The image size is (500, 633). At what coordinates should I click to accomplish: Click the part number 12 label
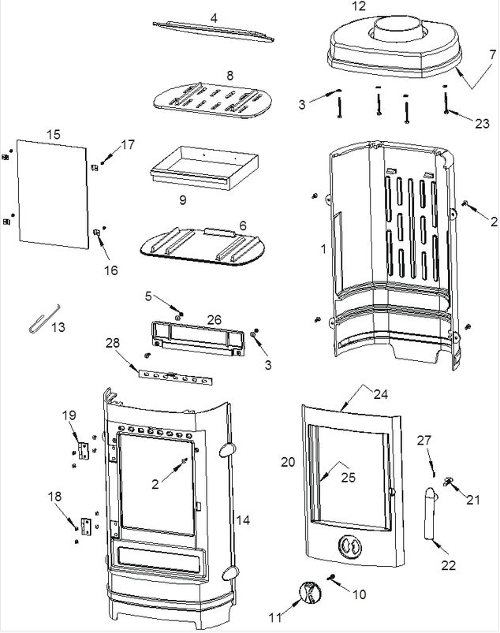358,6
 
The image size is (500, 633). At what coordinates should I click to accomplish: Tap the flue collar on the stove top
397,28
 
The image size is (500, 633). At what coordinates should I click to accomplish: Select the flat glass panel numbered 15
53,194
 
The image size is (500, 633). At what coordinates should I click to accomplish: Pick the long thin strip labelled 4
213,31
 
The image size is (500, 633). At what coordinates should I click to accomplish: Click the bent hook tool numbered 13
43,320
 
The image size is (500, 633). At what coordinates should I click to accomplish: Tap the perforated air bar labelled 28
175,377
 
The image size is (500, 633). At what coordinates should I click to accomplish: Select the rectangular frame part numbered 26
198,337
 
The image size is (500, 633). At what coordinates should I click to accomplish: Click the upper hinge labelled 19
84,450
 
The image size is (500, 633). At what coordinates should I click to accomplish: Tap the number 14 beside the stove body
243,520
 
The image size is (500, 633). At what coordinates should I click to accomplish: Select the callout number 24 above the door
380,393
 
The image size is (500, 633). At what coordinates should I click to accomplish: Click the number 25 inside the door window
348,478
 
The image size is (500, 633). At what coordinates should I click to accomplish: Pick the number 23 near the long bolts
482,123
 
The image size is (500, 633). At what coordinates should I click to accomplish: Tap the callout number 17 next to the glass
128,144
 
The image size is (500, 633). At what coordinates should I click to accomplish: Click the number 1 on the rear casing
323,249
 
